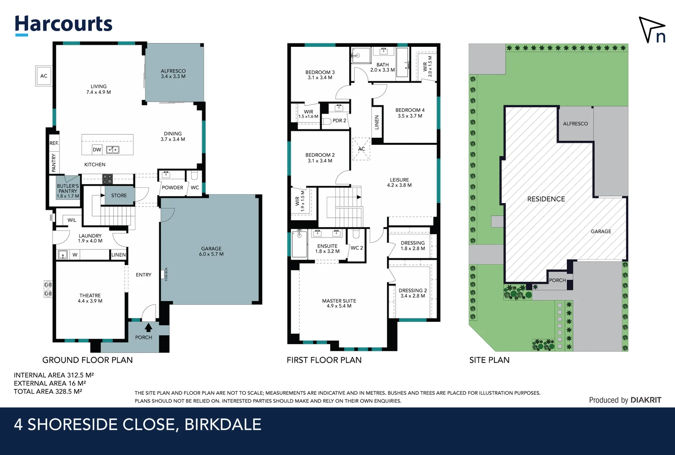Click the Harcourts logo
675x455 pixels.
(63, 24)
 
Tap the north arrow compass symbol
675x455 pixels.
(652, 30)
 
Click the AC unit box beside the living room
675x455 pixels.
(44, 76)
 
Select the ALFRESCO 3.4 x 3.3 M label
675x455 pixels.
(173, 74)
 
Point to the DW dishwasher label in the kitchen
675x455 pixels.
(97, 150)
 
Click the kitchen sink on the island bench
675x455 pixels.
(112, 150)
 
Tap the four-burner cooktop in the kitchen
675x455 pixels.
(107, 179)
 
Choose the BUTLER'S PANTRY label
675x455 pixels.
(68, 191)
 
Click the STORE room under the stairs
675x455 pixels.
(119, 195)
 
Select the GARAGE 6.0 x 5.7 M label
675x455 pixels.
(211, 252)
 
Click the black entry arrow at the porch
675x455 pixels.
(148, 327)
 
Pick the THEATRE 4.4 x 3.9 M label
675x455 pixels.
(90, 298)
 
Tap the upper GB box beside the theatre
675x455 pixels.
(48, 285)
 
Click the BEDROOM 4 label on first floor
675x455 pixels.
(410, 113)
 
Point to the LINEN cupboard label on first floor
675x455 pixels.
(377, 122)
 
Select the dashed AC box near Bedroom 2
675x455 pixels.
(361, 149)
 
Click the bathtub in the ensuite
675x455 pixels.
(299, 244)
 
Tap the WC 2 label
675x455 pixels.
(357, 248)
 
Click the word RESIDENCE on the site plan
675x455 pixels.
(546, 199)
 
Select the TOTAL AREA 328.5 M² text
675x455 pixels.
(48, 391)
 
